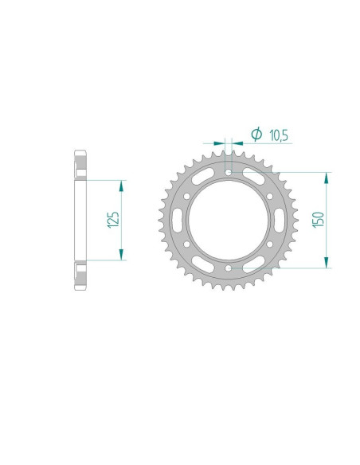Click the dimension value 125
coord(114,220)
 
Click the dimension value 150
coord(319,220)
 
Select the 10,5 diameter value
coord(279,135)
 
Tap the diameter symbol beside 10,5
coord(256,134)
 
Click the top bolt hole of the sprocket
coord(228,172)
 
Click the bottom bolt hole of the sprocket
coord(228,268)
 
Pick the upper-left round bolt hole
coord(187,197)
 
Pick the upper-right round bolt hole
coord(269,197)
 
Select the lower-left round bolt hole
coord(187,244)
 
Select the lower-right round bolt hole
coord(269,244)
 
